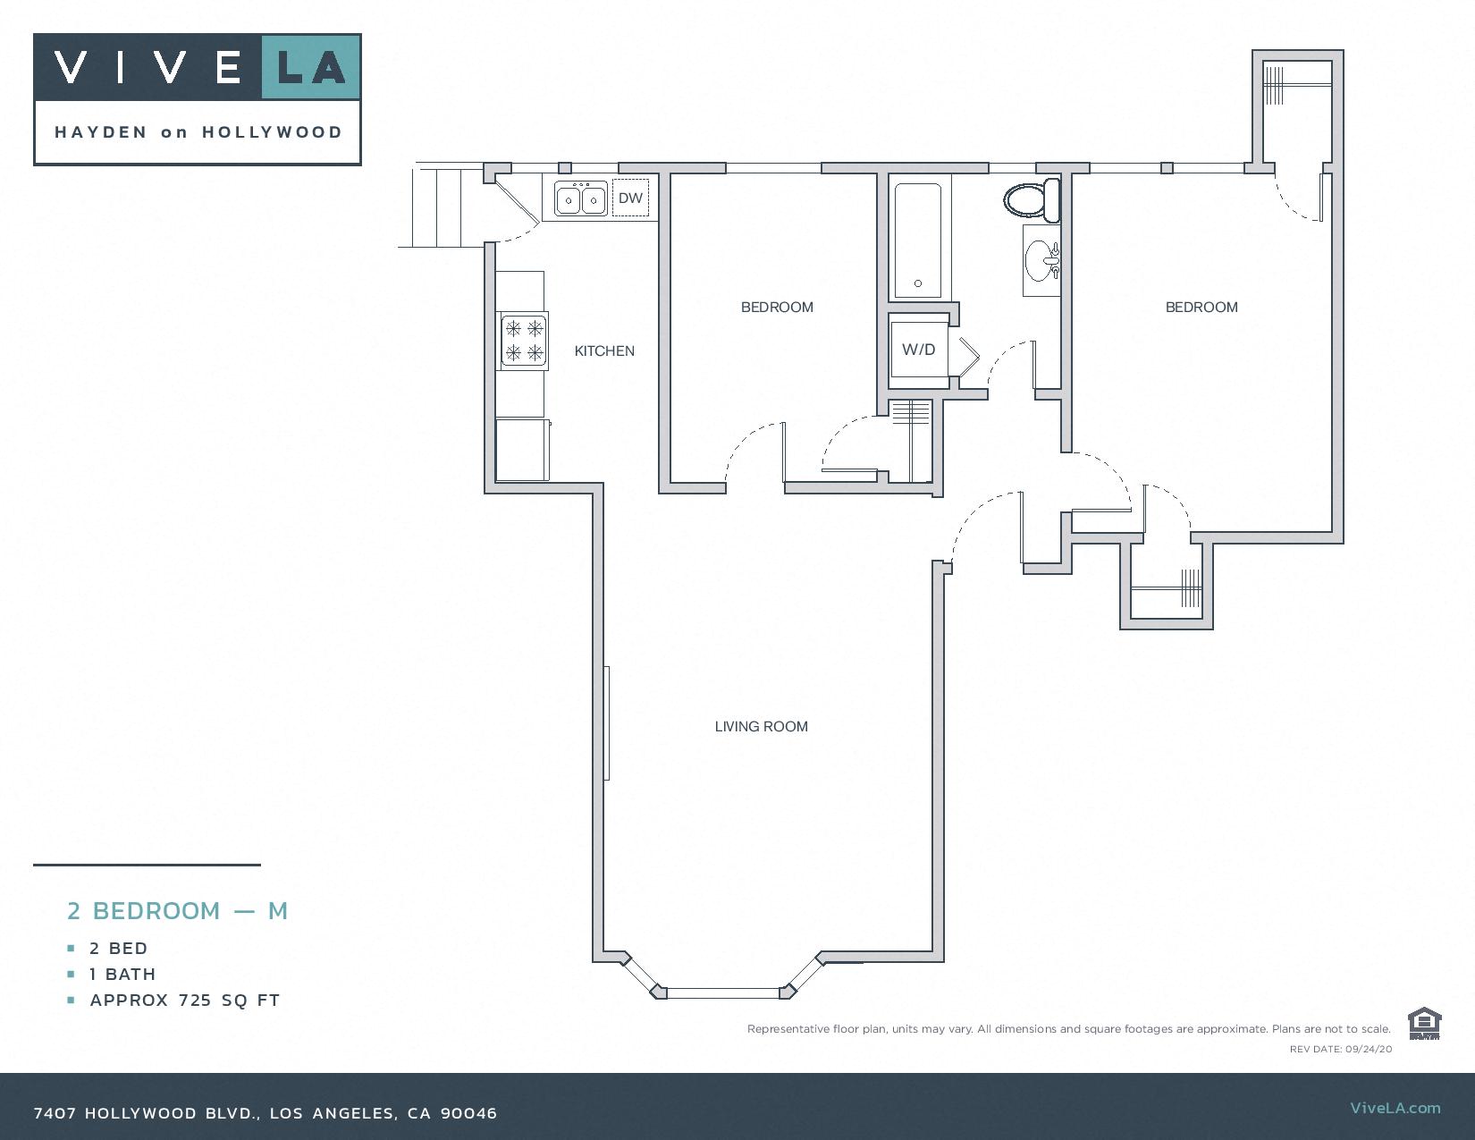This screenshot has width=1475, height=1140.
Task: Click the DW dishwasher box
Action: pyautogui.click(x=630, y=198)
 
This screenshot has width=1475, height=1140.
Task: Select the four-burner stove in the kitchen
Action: pyautogui.click(x=524, y=341)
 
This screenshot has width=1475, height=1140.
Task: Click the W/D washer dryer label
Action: pyautogui.click(x=918, y=350)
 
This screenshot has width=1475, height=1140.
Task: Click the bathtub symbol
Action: pyautogui.click(x=918, y=240)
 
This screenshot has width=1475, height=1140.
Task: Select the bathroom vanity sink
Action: pyautogui.click(x=1041, y=260)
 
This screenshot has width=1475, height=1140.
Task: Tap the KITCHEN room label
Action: pyautogui.click(x=604, y=351)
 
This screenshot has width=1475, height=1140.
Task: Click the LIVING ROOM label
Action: pyautogui.click(x=761, y=727)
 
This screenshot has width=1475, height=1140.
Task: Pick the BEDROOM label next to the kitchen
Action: pyautogui.click(x=777, y=308)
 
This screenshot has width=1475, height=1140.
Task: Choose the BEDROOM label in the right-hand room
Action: pyautogui.click(x=1201, y=308)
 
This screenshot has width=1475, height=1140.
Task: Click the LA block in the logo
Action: pyautogui.click(x=310, y=67)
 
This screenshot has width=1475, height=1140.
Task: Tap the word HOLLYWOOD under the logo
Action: pyautogui.click(x=272, y=132)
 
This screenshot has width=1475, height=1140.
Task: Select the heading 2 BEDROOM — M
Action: pyautogui.click(x=177, y=911)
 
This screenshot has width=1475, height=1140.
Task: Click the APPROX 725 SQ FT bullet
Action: pyautogui.click(x=185, y=1001)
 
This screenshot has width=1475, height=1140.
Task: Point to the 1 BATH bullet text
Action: pyautogui.click(x=122, y=975)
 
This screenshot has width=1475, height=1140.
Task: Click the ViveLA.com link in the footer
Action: pyautogui.click(x=1395, y=1108)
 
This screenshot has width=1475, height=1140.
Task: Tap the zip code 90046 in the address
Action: pyautogui.click(x=469, y=1113)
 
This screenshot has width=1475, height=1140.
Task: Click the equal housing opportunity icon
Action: pyautogui.click(x=1424, y=1024)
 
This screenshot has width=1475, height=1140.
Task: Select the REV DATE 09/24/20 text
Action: pyautogui.click(x=1340, y=1049)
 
